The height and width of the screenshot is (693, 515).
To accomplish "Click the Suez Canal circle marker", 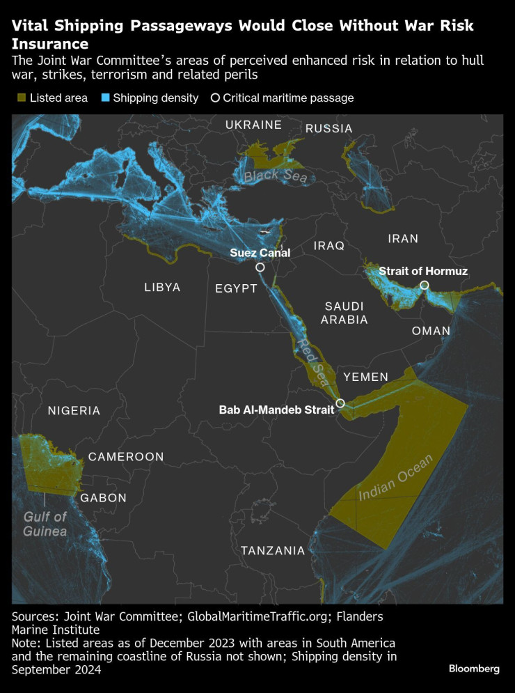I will [x=260, y=267].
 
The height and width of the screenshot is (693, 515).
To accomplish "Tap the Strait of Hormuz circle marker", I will [x=424, y=286].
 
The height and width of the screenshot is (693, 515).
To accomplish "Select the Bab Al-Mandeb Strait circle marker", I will [x=340, y=403].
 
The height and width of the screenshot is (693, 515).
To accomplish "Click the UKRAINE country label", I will [x=253, y=125].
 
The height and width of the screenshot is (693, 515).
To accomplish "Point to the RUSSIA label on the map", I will [x=329, y=129].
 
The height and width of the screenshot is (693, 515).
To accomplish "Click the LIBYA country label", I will [x=162, y=287].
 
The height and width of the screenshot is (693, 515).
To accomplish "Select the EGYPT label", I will [x=236, y=288].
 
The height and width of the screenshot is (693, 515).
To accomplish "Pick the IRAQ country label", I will [x=329, y=246].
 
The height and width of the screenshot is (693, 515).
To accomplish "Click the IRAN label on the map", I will [x=403, y=239].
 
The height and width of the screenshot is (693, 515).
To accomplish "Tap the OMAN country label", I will [x=431, y=331].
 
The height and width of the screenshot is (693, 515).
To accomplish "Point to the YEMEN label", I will [x=365, y=377].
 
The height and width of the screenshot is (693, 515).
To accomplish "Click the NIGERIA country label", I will [x=74, y=411].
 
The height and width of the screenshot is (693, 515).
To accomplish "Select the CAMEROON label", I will [x=126, y=457].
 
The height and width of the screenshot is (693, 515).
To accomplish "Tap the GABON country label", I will [x=104, y=498].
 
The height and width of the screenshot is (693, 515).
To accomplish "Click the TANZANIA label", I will [x=273, y=551].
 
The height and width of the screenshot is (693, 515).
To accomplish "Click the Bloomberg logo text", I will [x=474, y=669].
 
